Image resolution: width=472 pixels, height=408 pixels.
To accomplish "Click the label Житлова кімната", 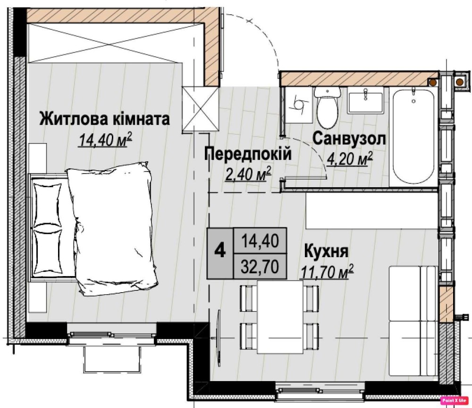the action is (x=104, y=119).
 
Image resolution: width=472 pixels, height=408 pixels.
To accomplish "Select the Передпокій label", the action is (x=248, y=154).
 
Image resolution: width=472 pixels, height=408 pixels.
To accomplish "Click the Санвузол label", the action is (x=349, y=139).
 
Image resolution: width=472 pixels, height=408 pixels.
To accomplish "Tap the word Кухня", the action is (x=326, y=251).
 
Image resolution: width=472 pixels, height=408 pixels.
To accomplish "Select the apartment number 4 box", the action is (x=220, y=253).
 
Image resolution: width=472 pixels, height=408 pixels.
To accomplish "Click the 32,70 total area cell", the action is (x=260, y=266).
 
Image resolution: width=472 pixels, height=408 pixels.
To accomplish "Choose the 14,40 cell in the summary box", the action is (x=260, y=241).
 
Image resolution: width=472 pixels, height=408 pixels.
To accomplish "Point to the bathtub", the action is (x=413, y=136).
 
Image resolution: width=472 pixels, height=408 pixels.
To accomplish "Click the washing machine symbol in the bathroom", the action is (x=299, y=105).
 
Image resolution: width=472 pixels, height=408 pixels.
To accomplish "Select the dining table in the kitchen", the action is (x=280, y=317).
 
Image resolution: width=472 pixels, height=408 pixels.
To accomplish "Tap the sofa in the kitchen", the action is (x=413, y=321).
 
